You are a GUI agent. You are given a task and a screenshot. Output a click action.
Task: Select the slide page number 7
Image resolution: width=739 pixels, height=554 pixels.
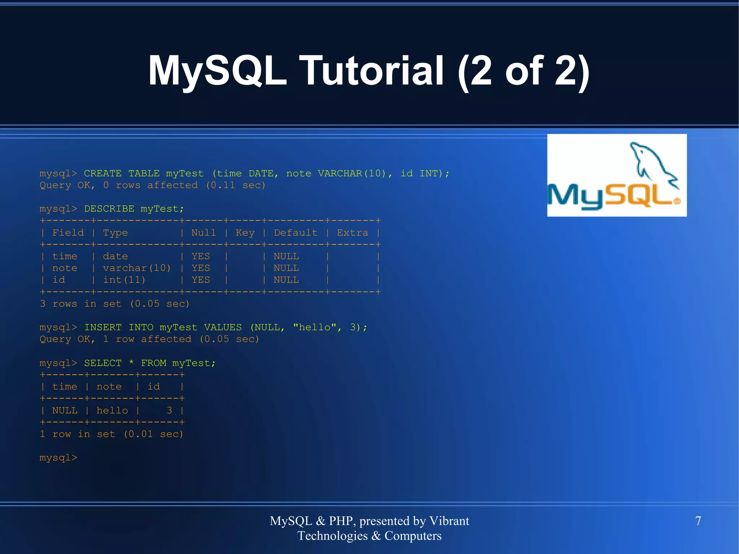click(x=698, y=521)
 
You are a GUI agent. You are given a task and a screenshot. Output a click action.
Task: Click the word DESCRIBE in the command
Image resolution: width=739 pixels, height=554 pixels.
click(x=109, y=209)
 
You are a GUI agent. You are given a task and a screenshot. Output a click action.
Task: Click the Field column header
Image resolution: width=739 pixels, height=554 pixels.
click(x=68, y=233)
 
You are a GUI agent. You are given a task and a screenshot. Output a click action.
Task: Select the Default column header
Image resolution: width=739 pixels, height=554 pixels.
click(x=296, y=233)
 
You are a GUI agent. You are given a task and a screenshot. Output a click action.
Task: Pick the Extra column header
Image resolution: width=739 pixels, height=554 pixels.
click(x=353, y=233)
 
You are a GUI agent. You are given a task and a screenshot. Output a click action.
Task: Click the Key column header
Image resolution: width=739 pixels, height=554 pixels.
click(x=245, y=233)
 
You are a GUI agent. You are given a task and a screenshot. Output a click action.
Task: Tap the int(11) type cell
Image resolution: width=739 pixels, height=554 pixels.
click(x=124, y=280)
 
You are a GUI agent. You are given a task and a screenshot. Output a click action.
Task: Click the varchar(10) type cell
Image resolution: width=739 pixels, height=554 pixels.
click(x=137, y=268)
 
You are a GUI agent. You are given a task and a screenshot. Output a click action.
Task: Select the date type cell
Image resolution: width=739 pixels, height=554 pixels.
click(x=115, y=256)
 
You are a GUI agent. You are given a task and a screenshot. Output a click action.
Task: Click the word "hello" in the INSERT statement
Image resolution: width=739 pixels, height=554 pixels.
click(x=315, y=327)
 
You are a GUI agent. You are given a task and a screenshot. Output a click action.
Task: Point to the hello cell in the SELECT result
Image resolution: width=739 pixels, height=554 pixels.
click(x=112, y=411)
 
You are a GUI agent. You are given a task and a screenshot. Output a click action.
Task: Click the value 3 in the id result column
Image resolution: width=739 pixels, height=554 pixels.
click(x=169, y=410)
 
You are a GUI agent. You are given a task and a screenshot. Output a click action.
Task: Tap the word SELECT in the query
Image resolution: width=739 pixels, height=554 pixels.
click(x=103, y=363)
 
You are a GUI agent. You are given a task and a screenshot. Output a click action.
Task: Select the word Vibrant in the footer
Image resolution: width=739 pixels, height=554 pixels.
click(x=449, y=521)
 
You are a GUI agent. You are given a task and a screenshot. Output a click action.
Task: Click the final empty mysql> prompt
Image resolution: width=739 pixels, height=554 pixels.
click(x=58, y=458)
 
